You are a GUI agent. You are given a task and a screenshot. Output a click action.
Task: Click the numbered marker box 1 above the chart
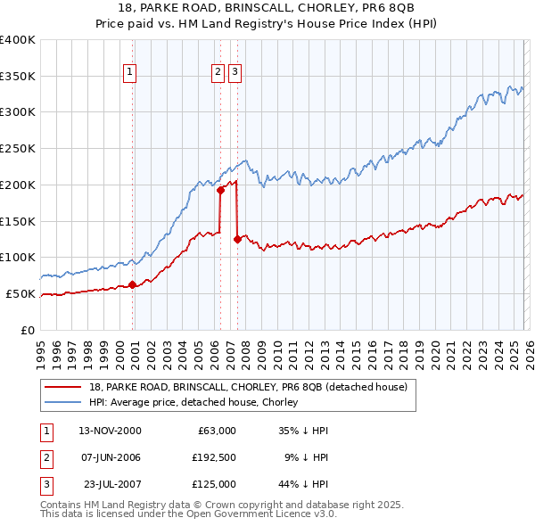130,72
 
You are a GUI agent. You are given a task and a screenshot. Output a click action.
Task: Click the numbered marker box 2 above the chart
218,72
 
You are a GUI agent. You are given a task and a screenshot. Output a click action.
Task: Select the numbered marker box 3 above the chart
235,72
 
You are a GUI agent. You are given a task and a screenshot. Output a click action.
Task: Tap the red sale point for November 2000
132,284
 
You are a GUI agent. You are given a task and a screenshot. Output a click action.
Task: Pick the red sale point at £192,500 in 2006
220,189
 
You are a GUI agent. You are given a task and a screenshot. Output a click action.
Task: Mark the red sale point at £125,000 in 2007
237,239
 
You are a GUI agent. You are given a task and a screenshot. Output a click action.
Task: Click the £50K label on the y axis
21,293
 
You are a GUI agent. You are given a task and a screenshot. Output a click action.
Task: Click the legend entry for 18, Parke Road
248,387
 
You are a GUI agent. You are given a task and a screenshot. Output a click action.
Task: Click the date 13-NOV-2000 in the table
110,431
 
